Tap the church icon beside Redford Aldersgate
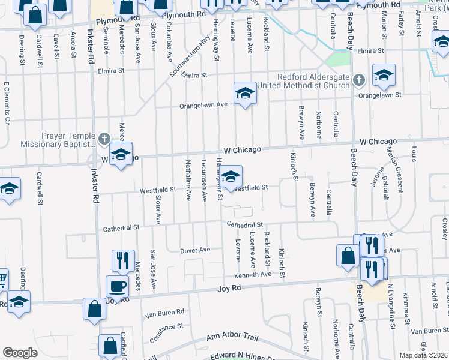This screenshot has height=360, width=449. click(358, 80)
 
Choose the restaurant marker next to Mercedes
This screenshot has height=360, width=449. click(123, 260)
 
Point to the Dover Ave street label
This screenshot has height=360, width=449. click(196, 250)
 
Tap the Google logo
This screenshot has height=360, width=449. click(20, 353)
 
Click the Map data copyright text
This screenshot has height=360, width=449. click(423, 355)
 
